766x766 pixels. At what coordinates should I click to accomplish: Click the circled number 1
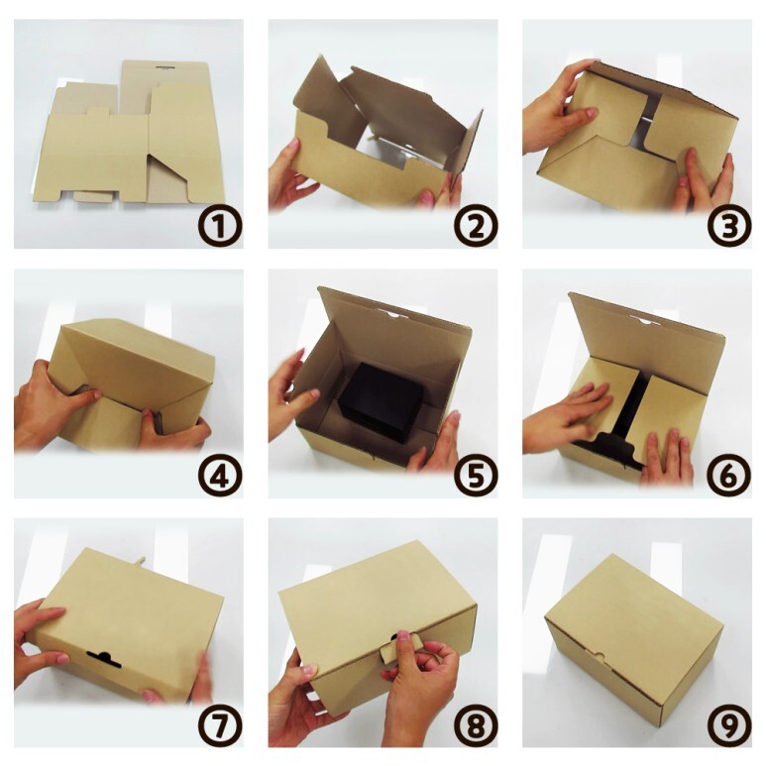tap(220, 226)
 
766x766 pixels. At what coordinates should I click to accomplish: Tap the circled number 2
tap(476, 226)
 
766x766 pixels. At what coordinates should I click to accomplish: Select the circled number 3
tap(729, 226)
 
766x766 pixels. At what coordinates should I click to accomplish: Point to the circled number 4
tap(220, 476)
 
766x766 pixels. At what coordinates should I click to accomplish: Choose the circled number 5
tap(476, 476)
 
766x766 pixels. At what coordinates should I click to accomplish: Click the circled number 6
tap(729, 476)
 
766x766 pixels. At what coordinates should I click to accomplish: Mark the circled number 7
tap(220, 725)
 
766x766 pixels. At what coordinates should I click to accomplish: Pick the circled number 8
tap(476, 725)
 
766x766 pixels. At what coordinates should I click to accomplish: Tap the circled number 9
tap(729, 725)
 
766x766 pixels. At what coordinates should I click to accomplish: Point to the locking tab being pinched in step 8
tap(394, 651)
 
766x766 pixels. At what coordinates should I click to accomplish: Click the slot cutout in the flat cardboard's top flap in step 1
tap(165, 66)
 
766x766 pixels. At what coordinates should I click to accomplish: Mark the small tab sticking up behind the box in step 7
tap(142, 562)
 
